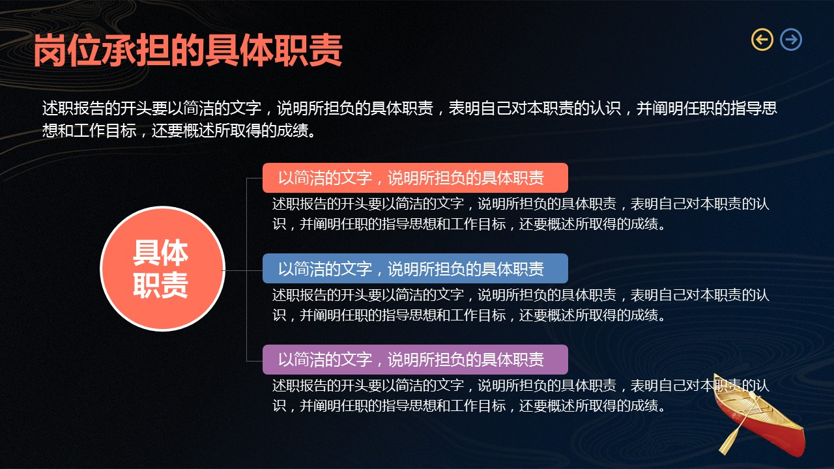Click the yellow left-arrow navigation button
coord(762,40)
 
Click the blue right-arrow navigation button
coord(791,40)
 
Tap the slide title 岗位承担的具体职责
coord(188,50)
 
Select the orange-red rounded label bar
coord(415,178)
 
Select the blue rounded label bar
coord(415,268)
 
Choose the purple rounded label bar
coord(415,360)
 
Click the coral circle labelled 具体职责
coord(162,268)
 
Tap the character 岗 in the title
coord(51,50)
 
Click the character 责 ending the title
coord(325,50)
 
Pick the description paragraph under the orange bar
coord(521,214)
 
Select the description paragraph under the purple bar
coord(521,395)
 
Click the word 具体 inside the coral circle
coord(161,253)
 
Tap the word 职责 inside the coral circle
coord(161,285)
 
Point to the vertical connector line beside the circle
coord(247,270)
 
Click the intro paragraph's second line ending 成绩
coord(179,131)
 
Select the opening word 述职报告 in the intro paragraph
coord(73,108)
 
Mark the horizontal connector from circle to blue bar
coord(243,270)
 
